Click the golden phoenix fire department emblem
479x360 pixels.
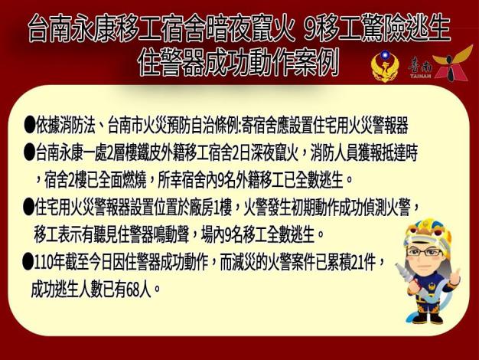point(385,67)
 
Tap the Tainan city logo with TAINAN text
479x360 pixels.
point(439,64)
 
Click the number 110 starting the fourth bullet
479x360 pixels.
point(44,262)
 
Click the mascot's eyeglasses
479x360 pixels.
point(425,252)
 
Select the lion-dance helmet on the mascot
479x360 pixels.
point(427,233)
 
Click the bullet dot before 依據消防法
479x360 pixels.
point(29,124)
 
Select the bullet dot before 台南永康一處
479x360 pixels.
point(29,152)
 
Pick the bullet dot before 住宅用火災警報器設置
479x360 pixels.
point(29,207)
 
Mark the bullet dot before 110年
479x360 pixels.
point(28,262)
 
